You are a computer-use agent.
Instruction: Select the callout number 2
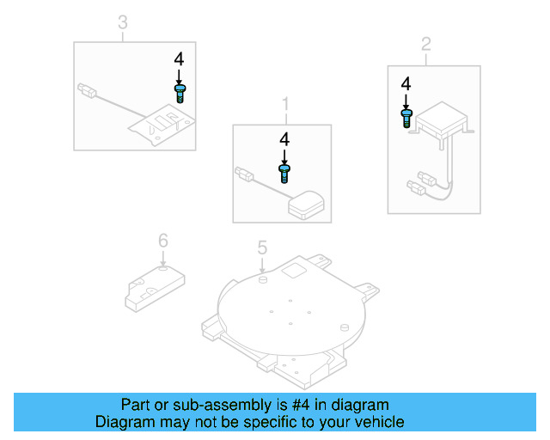coord(425,42)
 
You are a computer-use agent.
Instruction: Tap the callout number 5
coord(263,248)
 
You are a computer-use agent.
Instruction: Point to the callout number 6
coord(162,241)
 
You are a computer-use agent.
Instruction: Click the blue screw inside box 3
coord(180,94)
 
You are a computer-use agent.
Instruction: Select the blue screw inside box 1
coord(284,173)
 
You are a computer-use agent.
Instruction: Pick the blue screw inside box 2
coord(406,118)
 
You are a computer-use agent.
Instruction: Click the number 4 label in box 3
coord(179,59)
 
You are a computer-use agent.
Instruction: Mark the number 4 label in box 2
coord(406,83)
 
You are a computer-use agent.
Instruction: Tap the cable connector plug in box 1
coord(243,175)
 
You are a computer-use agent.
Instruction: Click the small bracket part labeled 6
coord(151,284)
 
